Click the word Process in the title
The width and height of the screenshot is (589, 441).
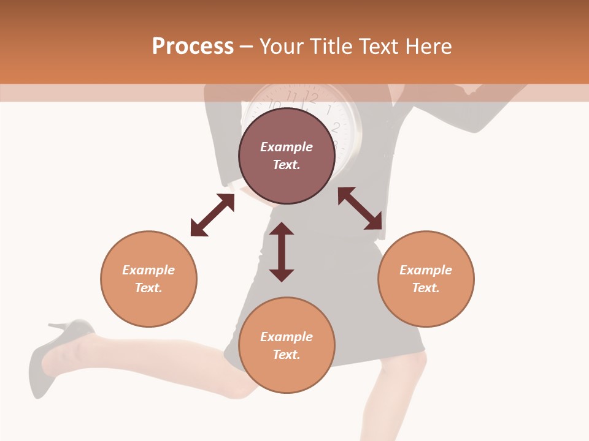tap(193, 47)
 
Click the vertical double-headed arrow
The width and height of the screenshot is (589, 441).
tap(282, 252)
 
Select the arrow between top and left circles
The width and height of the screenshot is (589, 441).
tap(212, 215)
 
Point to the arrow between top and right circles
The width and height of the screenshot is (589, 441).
tap(360, 209)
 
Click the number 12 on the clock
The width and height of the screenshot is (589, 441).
tap(312, 97)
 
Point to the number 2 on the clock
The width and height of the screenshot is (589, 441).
tap(336, 127)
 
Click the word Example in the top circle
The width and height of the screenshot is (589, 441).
tap(287, 147)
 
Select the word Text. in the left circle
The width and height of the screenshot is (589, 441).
tap(148, 288)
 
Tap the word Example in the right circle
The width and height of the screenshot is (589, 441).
tap(426, 270)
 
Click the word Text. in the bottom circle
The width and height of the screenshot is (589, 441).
tap(287, 355)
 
